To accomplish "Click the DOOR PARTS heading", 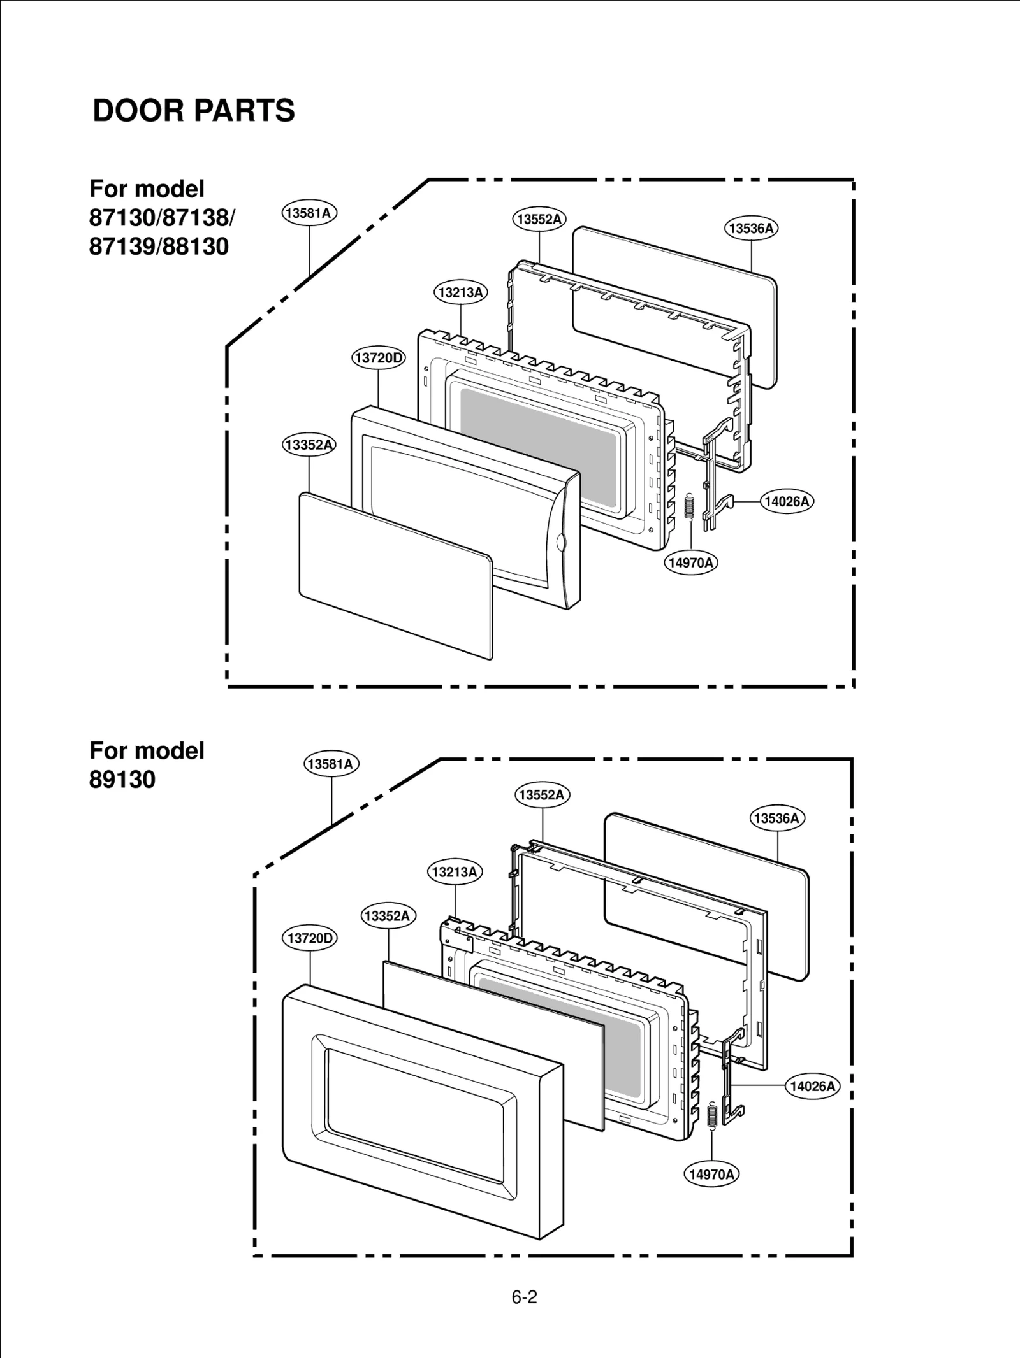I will pos(194,110).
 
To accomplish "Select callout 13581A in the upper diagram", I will pos(309,213).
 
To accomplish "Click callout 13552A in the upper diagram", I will pos(539,219).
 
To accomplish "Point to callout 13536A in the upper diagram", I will pos(751,228).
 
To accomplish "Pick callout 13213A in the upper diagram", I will pos(460,292).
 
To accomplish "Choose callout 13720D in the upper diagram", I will pos(379,357).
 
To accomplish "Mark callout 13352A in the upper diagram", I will pos(309,445).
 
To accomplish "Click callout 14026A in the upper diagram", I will pos(787,501).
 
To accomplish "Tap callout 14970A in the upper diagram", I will pos(691,562).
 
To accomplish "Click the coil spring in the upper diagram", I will pos(688,508).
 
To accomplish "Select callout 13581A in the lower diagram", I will pos(331,764).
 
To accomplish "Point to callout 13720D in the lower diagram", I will pos(310,938).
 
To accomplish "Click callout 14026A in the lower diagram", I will pos(812,1086).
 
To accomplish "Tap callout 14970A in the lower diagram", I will pos(711,1174).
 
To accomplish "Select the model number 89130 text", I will pos(122,779).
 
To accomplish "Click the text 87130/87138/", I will pos(162,218).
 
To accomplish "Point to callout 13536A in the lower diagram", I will pos(776,818).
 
